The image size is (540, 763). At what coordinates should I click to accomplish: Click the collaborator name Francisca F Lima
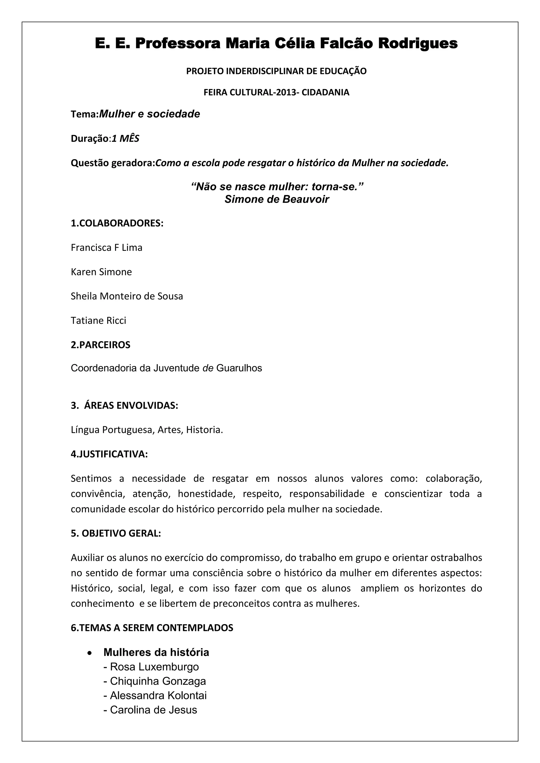point(107,248)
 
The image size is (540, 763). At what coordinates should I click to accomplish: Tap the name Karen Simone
point(101,272)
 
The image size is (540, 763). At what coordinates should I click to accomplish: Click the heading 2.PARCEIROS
point(100,345)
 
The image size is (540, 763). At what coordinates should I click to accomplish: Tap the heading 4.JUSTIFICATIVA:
point(109,454)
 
